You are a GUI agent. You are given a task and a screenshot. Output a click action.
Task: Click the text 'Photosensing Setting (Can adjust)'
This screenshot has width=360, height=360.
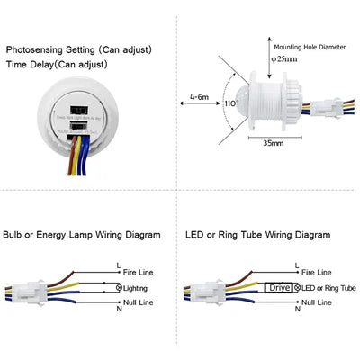[80, 49]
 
